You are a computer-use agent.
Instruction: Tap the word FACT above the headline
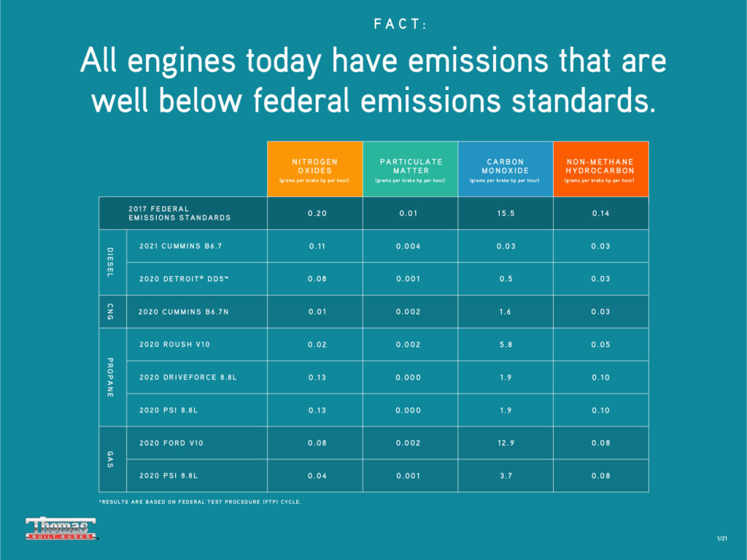click(x=400, y=24)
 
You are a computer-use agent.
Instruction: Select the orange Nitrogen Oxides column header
click(x=314, y=169)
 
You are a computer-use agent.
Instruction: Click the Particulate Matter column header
click(x=410, y=169)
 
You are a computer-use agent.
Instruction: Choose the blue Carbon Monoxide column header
click(x=505, y=169)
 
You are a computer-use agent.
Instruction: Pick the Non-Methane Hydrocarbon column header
click(x=600, y=169)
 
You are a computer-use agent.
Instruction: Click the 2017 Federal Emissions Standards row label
click(x=179, y=213)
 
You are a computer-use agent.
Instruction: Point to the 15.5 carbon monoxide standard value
click(x=506, y=213)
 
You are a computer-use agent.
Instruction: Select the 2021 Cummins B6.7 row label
click(x=180, y=246)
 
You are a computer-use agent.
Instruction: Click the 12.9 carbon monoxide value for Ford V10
click(x=506, y=443)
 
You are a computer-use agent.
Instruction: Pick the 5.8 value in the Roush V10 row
click(x=506, y=345)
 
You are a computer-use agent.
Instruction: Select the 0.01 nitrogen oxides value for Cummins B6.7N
click(x=317, y=312)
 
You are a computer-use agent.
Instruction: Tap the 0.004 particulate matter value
click(x=409, y=246)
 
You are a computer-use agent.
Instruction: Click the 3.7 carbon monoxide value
click(x=506, y=476)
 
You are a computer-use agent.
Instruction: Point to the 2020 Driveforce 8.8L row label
click(x=188, y=377)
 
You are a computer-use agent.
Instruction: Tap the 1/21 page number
click(x=721, y=538)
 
